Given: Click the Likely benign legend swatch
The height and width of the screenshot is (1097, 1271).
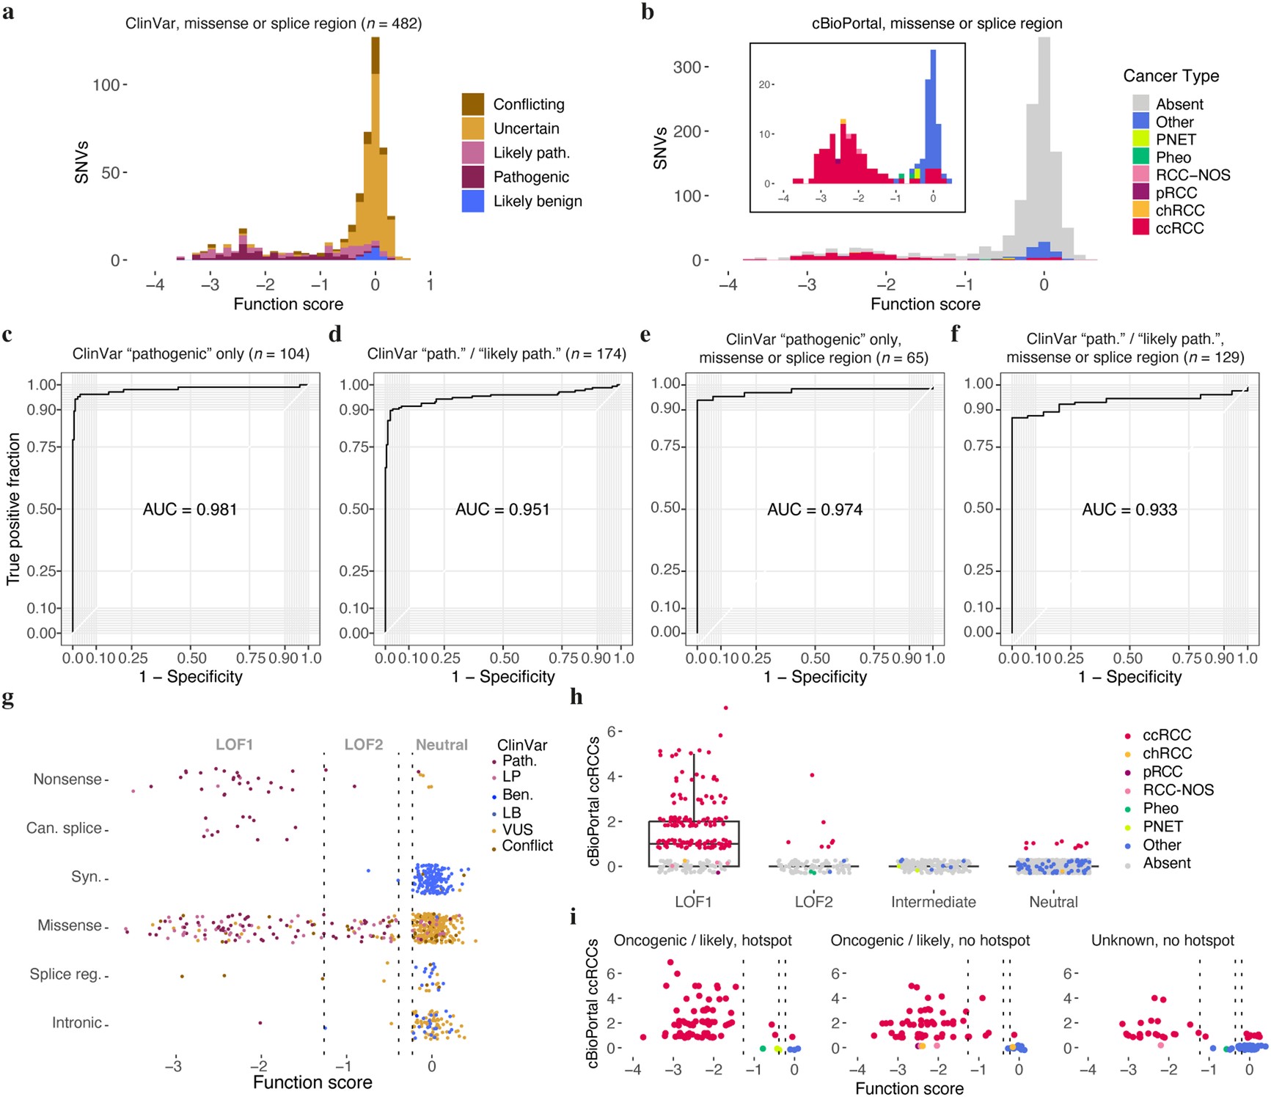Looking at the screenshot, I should point(472,201).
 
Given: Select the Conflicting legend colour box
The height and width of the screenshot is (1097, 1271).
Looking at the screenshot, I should point(472,104).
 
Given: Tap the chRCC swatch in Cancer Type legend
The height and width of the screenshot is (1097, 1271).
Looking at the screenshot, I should point(1140,210).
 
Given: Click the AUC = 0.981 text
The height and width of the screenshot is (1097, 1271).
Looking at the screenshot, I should point(190,510).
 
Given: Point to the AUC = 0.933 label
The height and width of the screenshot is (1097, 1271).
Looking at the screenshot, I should point(1129,510).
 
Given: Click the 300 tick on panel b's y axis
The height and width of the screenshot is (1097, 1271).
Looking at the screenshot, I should point(686,67).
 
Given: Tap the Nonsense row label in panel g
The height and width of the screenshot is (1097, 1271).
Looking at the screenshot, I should point(67,779).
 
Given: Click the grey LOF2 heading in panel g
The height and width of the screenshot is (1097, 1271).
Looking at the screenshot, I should point(364,745).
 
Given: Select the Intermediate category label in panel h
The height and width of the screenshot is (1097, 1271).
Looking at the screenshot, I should point(933,903).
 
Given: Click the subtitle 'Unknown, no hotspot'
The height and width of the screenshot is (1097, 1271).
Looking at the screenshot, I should point(1162,941).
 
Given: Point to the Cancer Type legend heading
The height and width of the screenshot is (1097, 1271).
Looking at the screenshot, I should point(1171,76).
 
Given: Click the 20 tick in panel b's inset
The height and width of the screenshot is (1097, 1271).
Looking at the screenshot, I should point(764,85).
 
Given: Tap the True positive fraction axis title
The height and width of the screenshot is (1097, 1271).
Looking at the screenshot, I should point(13,509).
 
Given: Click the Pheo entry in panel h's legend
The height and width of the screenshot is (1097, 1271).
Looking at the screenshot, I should point(1160,809).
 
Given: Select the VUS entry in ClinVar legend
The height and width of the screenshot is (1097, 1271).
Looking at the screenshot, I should point(517,830).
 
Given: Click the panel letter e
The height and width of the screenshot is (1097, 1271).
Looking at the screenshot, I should point(645,335).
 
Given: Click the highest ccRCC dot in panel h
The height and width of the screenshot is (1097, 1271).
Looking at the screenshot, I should point(725,708).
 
